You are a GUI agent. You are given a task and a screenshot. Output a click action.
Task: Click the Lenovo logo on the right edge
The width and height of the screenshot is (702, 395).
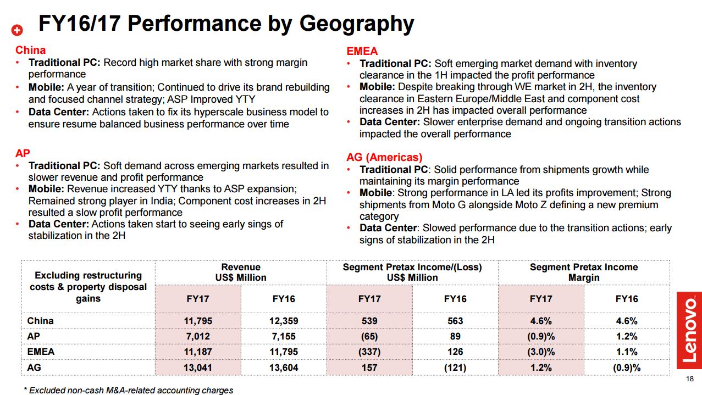pyautogui.click(x=689, y=330)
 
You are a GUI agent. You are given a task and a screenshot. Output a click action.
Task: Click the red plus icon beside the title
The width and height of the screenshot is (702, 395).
pyautogui.click(x=18, y=30)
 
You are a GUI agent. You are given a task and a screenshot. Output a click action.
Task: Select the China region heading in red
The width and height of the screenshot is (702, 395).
pyautogui.click(x=30, y=50)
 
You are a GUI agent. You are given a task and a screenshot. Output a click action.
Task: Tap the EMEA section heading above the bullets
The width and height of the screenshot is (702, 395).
pyautogui.click(x=362, y=51)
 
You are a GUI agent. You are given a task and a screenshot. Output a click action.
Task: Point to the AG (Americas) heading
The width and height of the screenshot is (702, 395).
pyautogui.click(x=384, y=157)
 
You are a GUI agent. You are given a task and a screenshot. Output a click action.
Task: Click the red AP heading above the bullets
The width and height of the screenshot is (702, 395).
pyautogui.click(x=23, y=153)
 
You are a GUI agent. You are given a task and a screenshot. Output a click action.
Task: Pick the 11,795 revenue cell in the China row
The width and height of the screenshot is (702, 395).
pyautogui.click(x=198, y=321)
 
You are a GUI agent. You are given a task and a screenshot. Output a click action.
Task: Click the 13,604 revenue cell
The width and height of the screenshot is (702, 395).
pyautogui.click(x=284, y=367)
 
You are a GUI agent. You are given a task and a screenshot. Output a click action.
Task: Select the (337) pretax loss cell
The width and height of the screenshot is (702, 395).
pyautogui.click(x=369, y=352)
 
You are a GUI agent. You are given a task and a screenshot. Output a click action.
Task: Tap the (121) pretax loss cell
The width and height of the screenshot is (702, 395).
pyautogui.click(x=455, y=367)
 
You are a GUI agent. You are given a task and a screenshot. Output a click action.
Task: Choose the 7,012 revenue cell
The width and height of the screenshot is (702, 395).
pyautogui.click(x=198, y=336)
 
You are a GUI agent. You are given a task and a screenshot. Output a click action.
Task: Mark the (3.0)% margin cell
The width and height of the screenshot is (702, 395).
pyautogui.click(x=541, y=352)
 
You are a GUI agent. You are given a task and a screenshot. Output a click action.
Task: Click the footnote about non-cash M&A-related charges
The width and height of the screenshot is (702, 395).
pyautogui.click(x=129, y=390)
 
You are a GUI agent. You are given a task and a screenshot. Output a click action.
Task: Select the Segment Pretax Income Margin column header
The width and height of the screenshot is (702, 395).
pyautogui.click(x=584, y=272)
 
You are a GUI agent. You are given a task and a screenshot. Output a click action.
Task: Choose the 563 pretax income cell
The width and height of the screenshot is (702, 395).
pyautogui.click(x=455, y=321)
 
